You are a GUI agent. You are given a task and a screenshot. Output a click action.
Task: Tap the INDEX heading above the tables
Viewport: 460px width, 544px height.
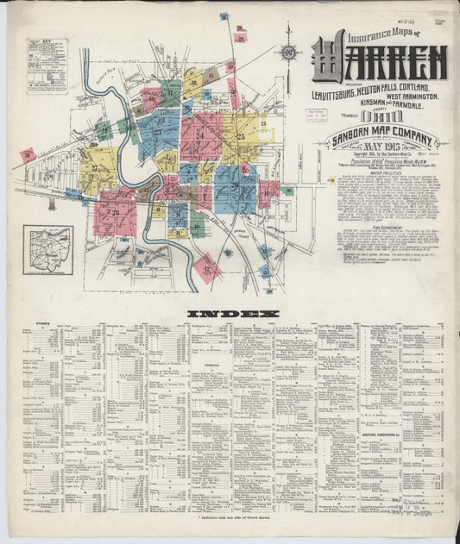click(233, 313)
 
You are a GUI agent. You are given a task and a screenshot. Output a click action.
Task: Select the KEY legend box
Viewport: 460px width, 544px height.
click(47, 65)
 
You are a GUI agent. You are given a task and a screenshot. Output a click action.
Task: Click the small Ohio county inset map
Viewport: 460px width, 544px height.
click(47, 250)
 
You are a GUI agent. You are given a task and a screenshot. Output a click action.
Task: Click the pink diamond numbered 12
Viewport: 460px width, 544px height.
click(206, 267)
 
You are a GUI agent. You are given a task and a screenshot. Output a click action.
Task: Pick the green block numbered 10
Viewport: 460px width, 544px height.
click(197, 228)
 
